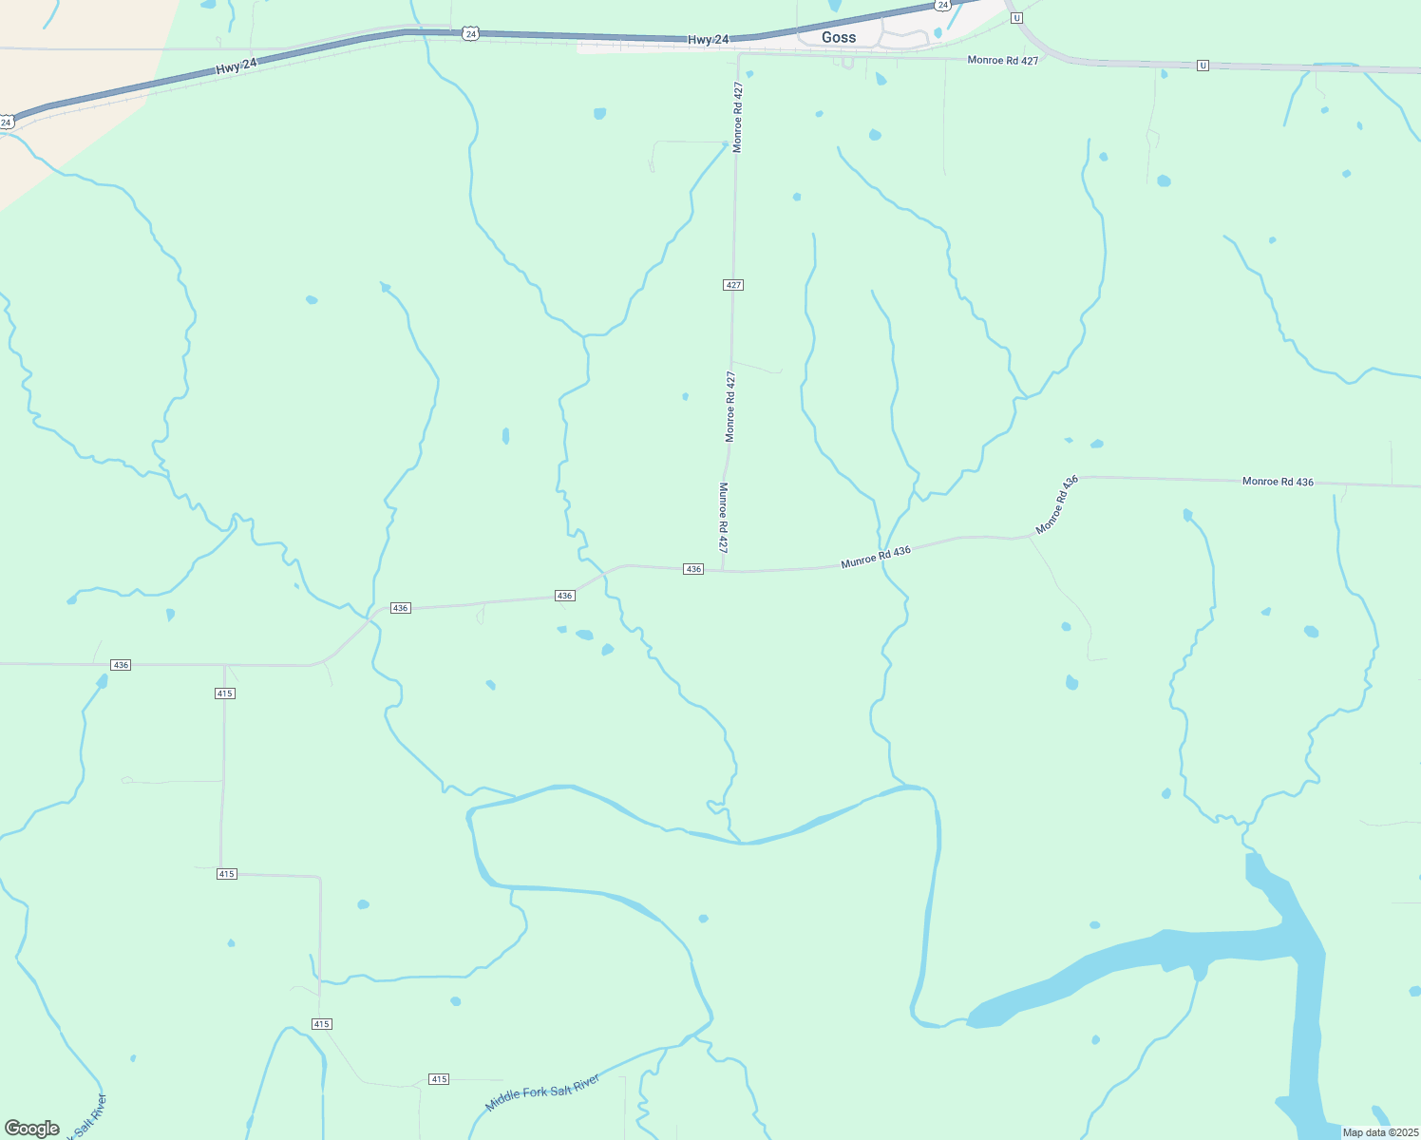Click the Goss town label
[839, 37]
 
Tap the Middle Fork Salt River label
[542, 1092]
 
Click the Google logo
[32, 1129]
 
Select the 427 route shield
[732, 285]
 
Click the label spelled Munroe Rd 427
[723, 518]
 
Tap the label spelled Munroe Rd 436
[876, 558]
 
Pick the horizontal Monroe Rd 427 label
[1002, 60]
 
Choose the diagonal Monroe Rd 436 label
[1057, 505]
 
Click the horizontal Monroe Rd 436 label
[1278, 482]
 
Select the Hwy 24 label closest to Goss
[708, 39]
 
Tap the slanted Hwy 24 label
[236, 66]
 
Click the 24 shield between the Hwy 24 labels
[470, 33]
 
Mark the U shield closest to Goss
[1016, 18]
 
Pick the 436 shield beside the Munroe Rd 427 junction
[693, 569]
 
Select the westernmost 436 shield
[121, 665]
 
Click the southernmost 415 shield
[438, 1079]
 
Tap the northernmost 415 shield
[224, 693]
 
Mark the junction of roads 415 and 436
[225, 665]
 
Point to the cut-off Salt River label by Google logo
[90, 1116]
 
